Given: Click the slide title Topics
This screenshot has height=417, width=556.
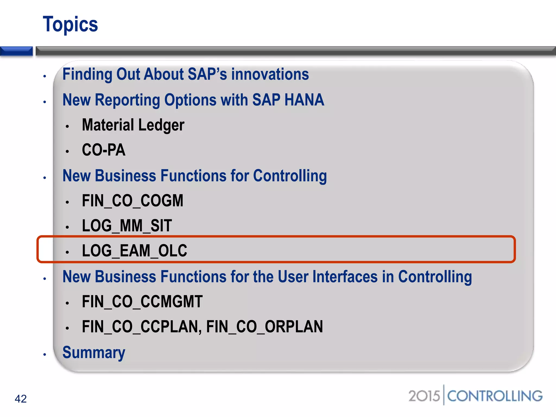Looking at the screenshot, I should coord(70,24).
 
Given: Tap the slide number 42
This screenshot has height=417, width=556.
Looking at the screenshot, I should coord(21,399).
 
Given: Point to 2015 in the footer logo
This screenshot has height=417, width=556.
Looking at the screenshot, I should coord(424,396).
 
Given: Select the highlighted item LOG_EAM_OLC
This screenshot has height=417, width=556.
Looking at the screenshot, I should coord(135,250).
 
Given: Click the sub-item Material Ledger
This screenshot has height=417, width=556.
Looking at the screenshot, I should coord(133,125).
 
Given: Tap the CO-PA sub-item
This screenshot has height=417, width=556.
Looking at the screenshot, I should coord(104,150).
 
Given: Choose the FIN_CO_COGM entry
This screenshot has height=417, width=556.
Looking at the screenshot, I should coord(132,201).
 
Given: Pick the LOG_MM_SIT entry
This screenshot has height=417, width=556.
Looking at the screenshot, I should coord(127,226).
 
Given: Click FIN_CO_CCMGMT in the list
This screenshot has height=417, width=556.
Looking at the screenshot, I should coord(142,302).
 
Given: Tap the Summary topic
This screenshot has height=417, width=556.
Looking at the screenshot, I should coord(94,352).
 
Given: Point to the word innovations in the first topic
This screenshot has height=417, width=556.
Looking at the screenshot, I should coord(270,74).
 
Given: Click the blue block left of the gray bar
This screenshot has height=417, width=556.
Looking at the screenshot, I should coord(16,51).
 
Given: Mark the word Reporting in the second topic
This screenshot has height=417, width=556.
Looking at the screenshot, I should coord(127,100).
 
